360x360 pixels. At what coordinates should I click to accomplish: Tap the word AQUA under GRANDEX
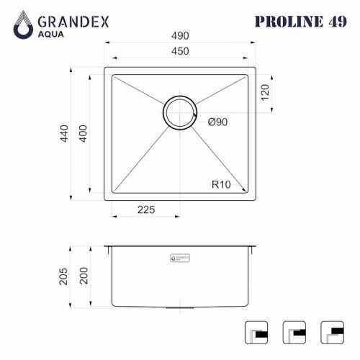point(54,33)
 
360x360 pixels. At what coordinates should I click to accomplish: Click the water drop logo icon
point(24,24)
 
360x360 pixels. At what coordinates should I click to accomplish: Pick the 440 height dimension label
point(64,135)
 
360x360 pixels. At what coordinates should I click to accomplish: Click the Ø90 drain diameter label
point(217,122)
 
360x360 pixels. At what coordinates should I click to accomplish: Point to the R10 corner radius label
point(221,184)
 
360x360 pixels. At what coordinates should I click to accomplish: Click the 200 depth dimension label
point(82,276)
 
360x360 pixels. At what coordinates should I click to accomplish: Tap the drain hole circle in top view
point(179,113)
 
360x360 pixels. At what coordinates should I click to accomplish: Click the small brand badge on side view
point(180,256)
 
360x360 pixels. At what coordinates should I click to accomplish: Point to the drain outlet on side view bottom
point(179,307)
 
